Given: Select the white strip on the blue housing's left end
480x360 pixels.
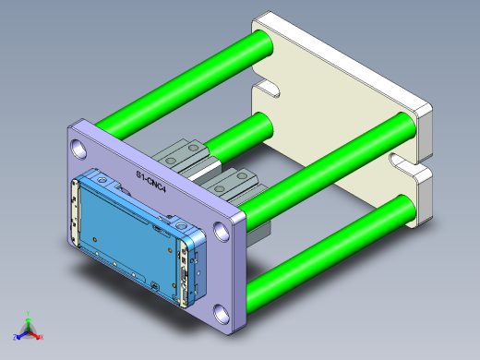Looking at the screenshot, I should click(x=74, y=208).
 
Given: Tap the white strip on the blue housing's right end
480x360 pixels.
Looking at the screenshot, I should click(x=189, y=277).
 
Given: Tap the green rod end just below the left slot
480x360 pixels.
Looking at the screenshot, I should click(x=261, y=123).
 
